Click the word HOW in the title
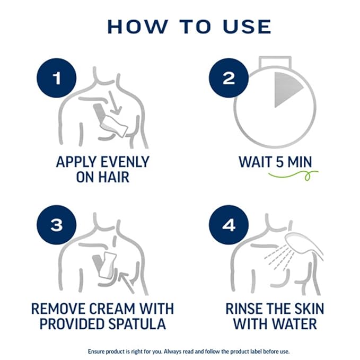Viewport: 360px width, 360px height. tap(137, 27)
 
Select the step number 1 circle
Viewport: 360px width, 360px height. tap(57, 78)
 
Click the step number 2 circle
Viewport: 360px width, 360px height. tap(229, 78)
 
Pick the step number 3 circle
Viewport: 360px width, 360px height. tap(57, 225)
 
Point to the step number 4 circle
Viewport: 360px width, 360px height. tap(229, 225)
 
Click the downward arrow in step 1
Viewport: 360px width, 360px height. tap(115, 102)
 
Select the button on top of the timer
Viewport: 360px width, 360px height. tap(275, 63)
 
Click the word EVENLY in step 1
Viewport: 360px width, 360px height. tap(125, 162)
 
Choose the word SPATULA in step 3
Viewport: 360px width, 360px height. tap(137, 324)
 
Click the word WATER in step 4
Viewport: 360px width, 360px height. tap(294, 324)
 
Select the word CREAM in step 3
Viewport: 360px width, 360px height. tap(112, 309)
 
